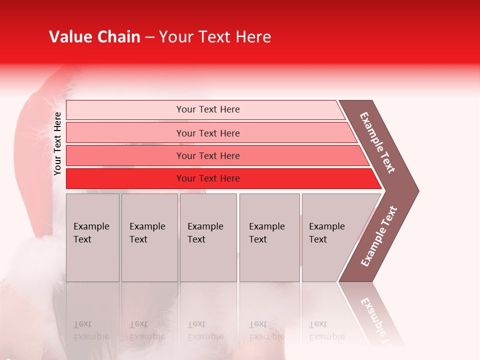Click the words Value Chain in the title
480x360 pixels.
94,37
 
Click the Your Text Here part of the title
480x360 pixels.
215,37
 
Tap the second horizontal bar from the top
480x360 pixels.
210,133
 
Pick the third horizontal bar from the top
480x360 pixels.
215,155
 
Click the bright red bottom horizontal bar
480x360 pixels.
220,178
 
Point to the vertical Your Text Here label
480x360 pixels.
57,143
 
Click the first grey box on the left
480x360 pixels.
92,237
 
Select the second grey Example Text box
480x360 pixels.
149,237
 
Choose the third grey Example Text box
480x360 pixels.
208,237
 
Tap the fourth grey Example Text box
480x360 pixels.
269,237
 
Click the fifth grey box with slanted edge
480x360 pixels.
330,237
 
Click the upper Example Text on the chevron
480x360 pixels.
377,142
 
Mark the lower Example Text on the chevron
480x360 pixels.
378,236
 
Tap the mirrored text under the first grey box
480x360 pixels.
91,330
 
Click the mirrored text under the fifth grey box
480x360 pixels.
326,330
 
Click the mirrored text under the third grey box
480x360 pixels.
205,330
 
